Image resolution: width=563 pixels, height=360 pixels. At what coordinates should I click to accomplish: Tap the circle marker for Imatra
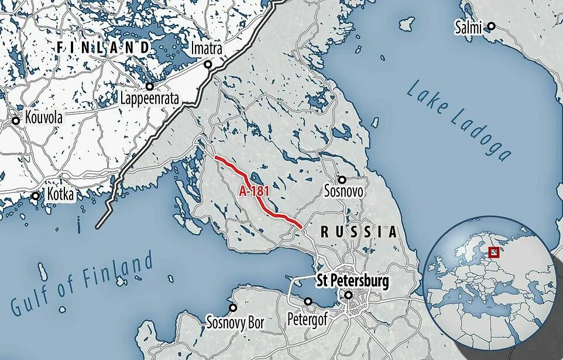pos(207,64)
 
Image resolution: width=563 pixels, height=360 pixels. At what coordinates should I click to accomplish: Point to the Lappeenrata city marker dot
pos(150,86)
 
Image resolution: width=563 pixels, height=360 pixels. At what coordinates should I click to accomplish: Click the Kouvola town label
pos(44,118)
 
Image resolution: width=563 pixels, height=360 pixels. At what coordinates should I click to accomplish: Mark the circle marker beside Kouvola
pos(16,121)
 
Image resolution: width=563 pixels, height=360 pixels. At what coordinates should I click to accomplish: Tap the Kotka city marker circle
pos(36,196)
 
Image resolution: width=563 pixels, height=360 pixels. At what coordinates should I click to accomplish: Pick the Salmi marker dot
pos(492,26)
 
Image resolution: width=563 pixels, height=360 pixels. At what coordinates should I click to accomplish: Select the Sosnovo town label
pos(344,191)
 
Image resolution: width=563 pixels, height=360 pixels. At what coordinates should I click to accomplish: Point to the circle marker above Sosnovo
pos(342,179)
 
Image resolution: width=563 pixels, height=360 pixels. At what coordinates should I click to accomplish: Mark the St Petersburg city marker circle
pos(349,296)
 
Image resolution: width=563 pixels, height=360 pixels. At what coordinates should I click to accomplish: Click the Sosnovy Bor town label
pos(235,322)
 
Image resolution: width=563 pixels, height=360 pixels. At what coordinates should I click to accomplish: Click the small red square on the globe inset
pos(494,252)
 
